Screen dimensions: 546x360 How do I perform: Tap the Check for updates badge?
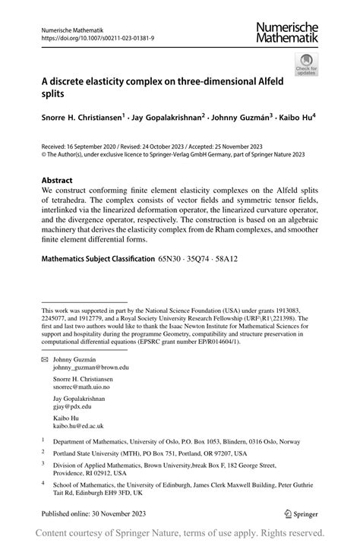(306, 65)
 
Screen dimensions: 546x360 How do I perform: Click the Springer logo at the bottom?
(300, 513)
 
